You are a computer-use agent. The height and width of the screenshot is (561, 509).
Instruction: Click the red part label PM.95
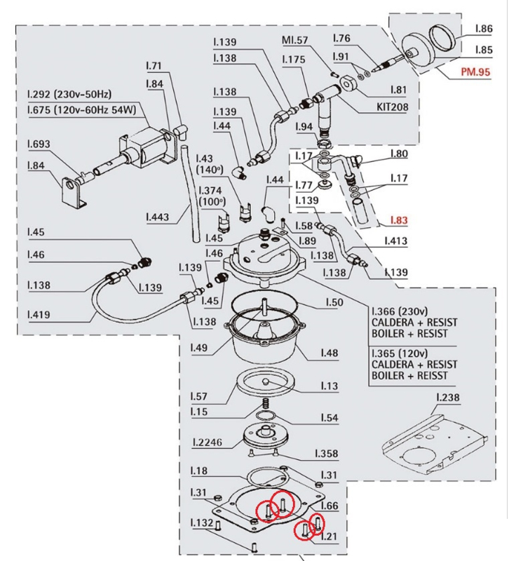coord(474,72)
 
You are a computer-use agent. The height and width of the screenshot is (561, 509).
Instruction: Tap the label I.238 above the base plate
coord(449,398)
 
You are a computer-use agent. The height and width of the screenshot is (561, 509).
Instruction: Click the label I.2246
coord(208,443)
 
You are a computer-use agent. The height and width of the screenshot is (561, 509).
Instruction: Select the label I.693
coord(39,144)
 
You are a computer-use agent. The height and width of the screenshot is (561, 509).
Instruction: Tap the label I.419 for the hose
coord(39,315)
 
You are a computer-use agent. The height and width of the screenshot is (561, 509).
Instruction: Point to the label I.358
coord(327,453)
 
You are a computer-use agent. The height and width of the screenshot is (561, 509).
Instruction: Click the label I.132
coord(202,523)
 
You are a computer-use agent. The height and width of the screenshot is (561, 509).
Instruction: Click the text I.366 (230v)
coord(402,311)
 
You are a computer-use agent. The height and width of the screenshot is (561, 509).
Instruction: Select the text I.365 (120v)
coord(402,353)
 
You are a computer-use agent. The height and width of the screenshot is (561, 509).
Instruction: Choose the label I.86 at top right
coord(483,29)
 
